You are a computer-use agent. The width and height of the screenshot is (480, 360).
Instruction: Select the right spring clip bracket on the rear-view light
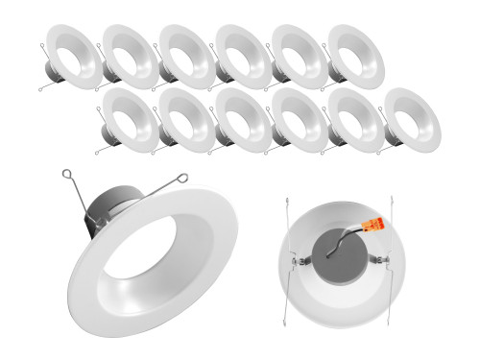[385, 262]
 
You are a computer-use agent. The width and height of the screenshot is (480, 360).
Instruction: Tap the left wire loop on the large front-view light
[68, 176]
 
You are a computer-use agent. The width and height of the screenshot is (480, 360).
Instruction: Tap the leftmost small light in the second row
[131, 119]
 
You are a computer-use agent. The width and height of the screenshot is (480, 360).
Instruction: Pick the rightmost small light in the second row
[411, 119]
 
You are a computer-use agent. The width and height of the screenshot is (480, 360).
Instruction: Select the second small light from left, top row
[131, 55]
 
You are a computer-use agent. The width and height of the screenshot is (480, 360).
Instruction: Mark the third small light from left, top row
[187, 55]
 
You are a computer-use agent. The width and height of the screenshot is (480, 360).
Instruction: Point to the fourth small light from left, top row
[244, 55]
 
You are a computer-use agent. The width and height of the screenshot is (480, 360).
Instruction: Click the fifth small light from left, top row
[300, 55]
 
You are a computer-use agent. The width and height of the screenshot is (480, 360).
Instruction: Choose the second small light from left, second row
[186, 119]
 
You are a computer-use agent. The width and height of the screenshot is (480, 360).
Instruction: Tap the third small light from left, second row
[243, 119]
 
